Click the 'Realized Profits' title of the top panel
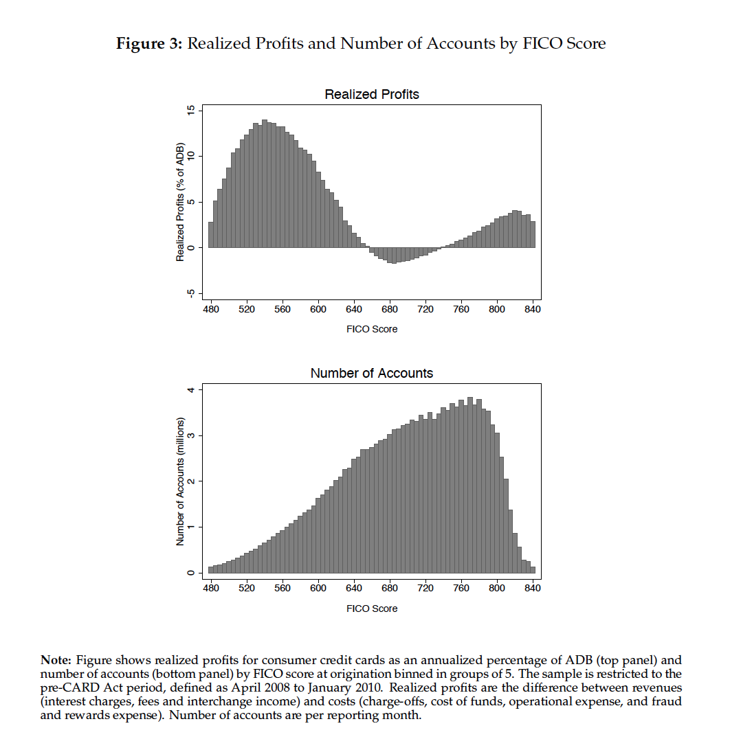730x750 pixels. coord(371,94)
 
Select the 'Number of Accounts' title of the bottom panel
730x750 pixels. coord(371,374)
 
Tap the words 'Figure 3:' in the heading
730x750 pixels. coord(148,44)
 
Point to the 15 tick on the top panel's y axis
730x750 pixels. coord(190,111)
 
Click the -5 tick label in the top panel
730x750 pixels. coord(190,293)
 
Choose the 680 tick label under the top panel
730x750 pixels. coord(390,310)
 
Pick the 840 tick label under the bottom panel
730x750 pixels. coord(533,589)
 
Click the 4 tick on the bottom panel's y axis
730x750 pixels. coord(190,390)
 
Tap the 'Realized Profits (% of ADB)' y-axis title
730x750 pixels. coord(180,202)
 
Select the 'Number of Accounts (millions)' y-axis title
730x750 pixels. coord(180,481)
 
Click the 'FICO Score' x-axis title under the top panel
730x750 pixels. coord(371,329)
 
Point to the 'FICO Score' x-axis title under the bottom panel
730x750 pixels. coord(371,608)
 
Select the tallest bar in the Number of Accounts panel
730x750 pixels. coord(470,485)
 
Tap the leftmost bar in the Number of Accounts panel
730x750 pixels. coord(210,570)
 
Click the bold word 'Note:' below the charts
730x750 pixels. coord(56,660)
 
